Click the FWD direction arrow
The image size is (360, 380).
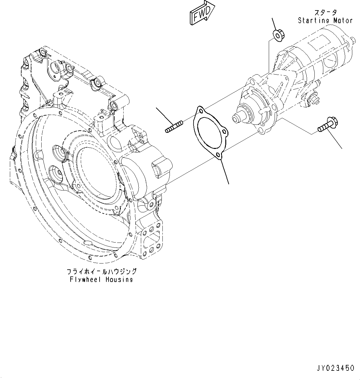[x=202, y=13]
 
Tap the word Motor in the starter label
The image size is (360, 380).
[x=343, y=21]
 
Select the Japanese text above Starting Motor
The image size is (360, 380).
[x=325, y=13]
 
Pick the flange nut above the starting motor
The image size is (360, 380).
[x=279, y=34]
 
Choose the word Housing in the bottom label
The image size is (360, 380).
[x=119, y=280]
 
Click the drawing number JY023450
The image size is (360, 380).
[x=335, y=368]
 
